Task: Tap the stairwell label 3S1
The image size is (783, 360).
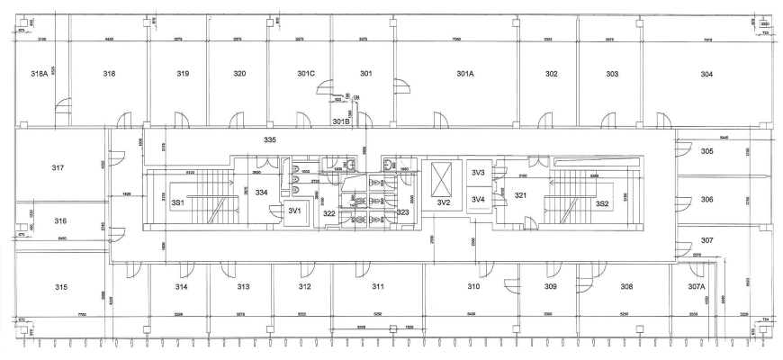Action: tap(177, 203)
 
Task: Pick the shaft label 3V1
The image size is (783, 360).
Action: tap(293, 211)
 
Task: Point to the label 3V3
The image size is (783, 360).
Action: tap(478, 173)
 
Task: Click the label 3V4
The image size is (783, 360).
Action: tap(478, 199)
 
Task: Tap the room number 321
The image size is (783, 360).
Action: tap(519, 195)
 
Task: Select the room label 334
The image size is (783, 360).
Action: tap(261, 193)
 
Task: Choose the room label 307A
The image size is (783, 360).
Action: tap(697, 287)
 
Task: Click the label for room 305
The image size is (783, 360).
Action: tap(706, 151)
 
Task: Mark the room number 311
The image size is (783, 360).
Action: tap(378, 287)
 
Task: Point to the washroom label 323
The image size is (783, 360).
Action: tap(402, 212)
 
